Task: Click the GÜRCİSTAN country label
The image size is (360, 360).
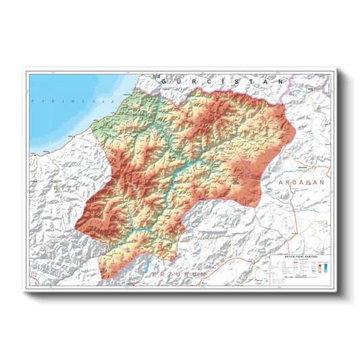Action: [x=221, y=81]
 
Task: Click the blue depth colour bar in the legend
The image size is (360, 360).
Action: [x=326, y=267]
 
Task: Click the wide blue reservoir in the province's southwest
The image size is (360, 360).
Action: [x=138, y=231]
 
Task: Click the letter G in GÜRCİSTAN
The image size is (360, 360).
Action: [x=174, y=81]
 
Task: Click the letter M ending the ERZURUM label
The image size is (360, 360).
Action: [x=213, y=276]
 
